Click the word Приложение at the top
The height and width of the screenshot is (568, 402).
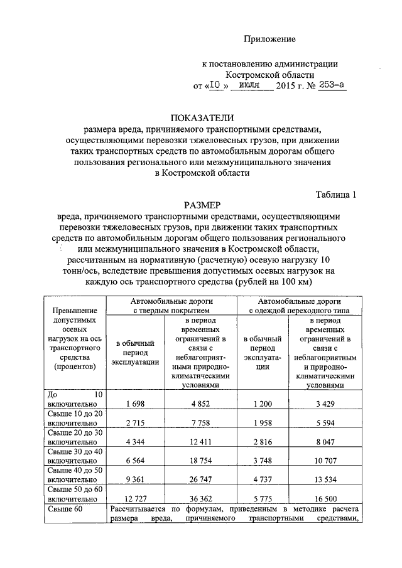[269, 40]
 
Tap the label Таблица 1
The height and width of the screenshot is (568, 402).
[336, 194]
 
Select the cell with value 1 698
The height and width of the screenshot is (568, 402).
[136, 402]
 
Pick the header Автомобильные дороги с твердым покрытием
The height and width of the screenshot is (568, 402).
[170, 306]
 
